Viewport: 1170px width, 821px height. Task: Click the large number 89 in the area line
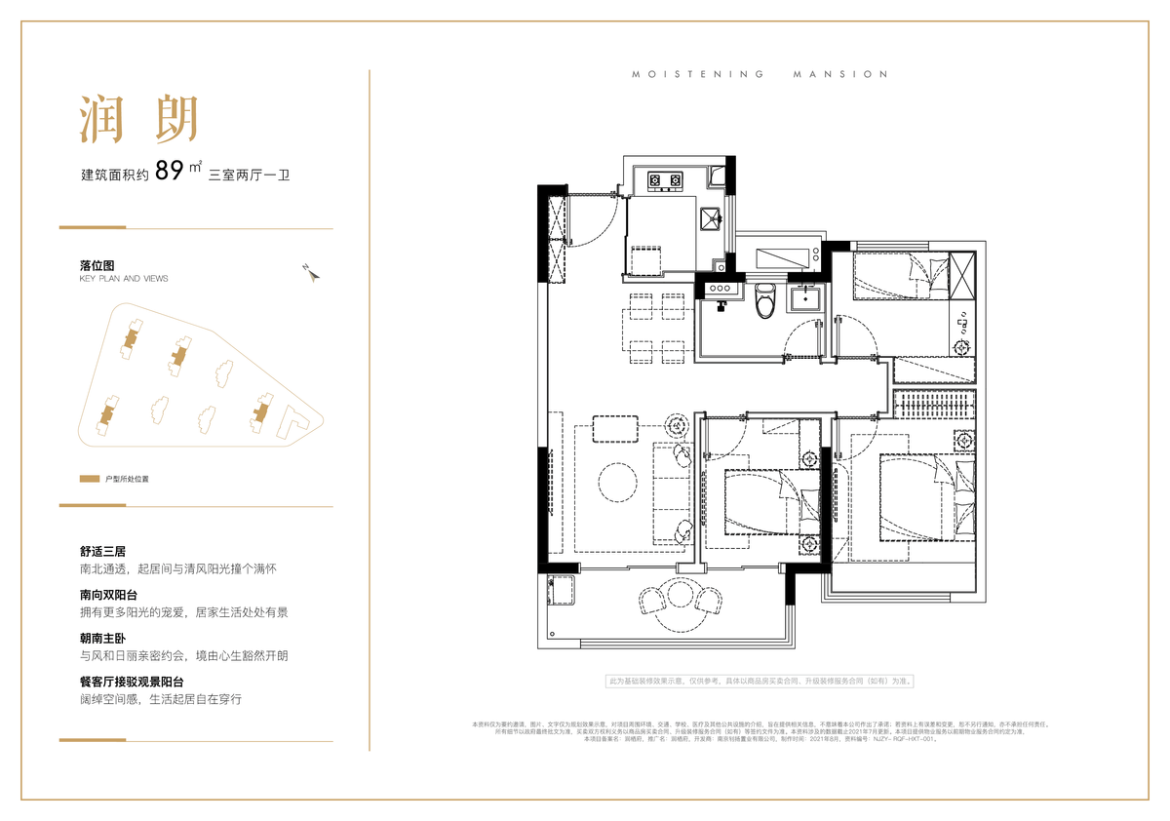170,172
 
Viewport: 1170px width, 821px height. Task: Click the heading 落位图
97,265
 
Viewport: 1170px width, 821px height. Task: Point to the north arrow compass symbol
311,272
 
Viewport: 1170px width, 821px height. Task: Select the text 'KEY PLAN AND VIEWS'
124,279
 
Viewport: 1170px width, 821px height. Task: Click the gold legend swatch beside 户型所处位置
90,480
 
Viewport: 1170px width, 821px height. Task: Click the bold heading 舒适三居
102,551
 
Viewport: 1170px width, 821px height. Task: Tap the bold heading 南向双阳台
108,594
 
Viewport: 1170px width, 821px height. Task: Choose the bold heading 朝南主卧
102,638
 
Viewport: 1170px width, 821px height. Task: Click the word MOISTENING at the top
697,74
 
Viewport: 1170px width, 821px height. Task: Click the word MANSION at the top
841,74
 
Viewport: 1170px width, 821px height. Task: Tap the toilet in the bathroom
765,300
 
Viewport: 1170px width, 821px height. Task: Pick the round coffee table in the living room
618,482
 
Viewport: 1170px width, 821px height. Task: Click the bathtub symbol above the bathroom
784,257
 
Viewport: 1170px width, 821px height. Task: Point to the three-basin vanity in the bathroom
721,291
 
